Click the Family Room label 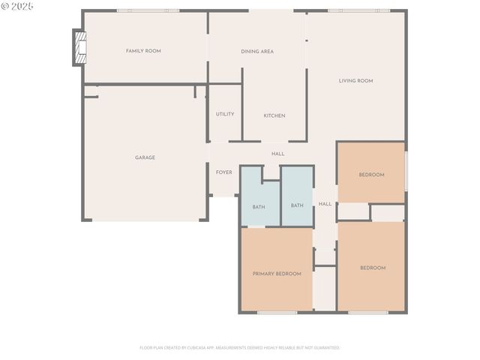tap(143, 51)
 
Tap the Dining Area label tap(256, 51)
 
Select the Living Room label tap(355, 81)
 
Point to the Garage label tap(145, 157)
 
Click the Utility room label tap(225, 114)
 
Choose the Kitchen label tap(274, 115)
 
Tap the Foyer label tap(223, 172)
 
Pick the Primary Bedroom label tap(277, 274)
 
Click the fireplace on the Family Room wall tap(79, 47)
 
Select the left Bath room tap(259, 206)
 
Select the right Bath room tap(297, 205)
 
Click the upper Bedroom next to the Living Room tap(371, 175)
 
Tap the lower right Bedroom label tap(373, 268)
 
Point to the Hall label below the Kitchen tap(277, 154)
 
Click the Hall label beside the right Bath tap(325, 204)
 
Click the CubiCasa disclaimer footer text tap(240, 347)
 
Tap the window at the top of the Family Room tap(148, 10)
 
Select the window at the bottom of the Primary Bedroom tap(277, 312)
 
